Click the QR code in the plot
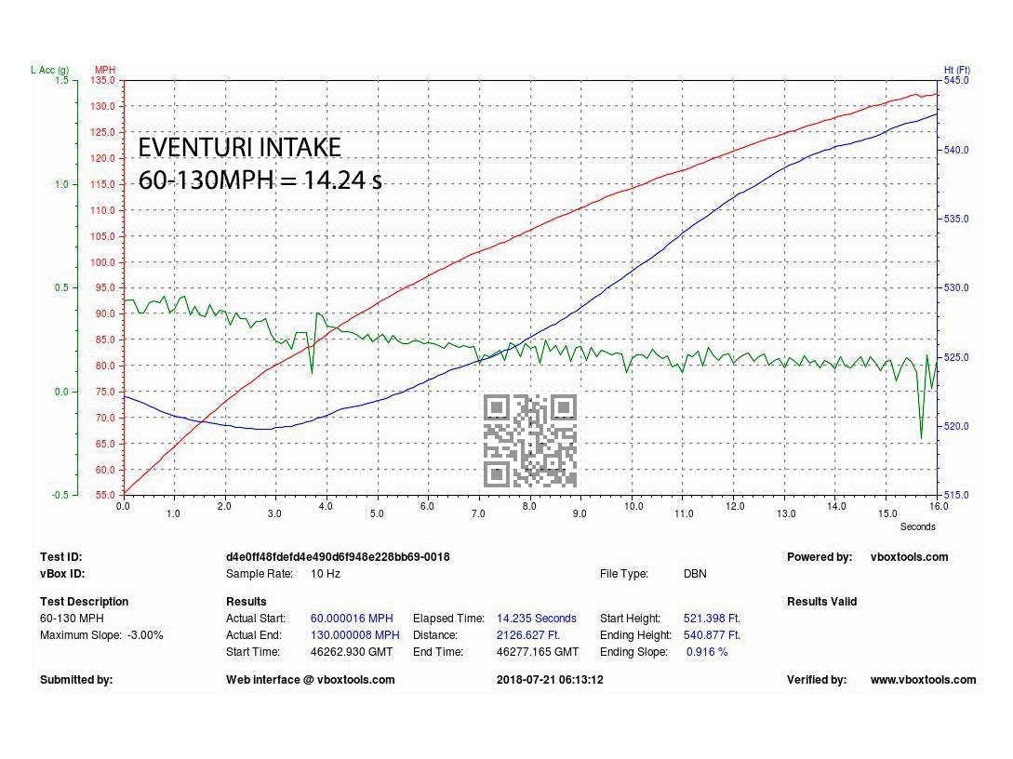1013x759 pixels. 529,441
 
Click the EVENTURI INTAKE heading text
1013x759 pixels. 240,147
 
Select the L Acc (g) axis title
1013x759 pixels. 49,70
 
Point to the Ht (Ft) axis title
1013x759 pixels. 956,70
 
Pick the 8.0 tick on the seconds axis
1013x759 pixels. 528,508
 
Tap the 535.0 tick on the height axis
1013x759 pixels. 956,219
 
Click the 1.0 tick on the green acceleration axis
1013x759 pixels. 60,184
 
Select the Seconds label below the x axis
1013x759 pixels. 917,526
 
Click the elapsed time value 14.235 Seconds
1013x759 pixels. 537,619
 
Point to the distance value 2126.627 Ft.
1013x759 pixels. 525,635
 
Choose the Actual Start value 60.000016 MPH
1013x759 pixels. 352,619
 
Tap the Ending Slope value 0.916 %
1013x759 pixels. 707,652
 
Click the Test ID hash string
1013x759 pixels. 338,557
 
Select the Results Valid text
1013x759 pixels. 821,602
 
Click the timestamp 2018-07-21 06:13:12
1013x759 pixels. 550,680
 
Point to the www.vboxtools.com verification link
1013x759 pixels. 923,680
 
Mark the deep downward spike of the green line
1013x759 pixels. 921,435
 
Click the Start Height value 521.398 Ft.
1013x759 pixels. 712,619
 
